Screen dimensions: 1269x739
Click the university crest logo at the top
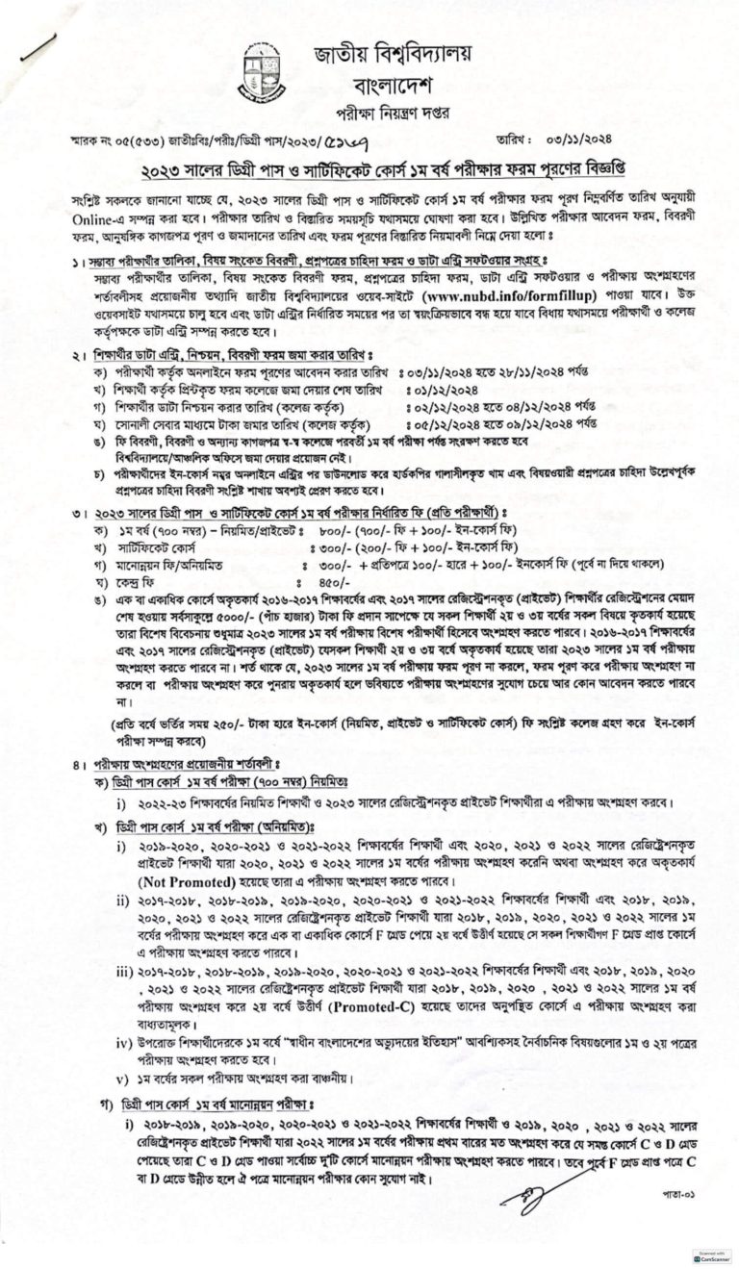click(264, 71)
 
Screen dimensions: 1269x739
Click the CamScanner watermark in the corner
click(711, 1256)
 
